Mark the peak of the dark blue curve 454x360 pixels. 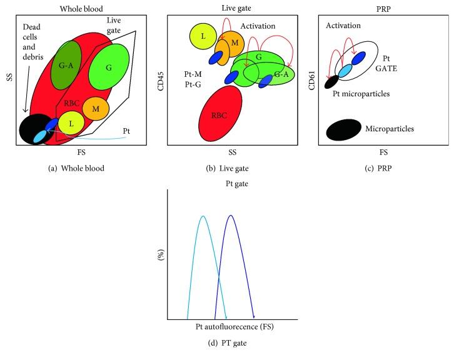point(231,216)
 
